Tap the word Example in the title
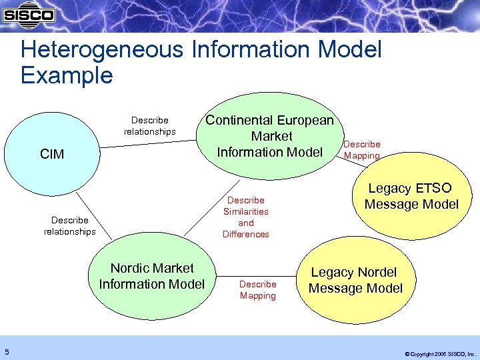67,75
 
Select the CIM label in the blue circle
52,155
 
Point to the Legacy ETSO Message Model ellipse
411,197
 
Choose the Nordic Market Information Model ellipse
152,276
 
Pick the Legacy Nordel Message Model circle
355,281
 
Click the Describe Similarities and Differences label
246,217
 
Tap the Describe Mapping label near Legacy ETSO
361,149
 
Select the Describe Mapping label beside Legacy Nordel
257,290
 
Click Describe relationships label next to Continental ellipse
150,126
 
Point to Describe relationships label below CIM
70,225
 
